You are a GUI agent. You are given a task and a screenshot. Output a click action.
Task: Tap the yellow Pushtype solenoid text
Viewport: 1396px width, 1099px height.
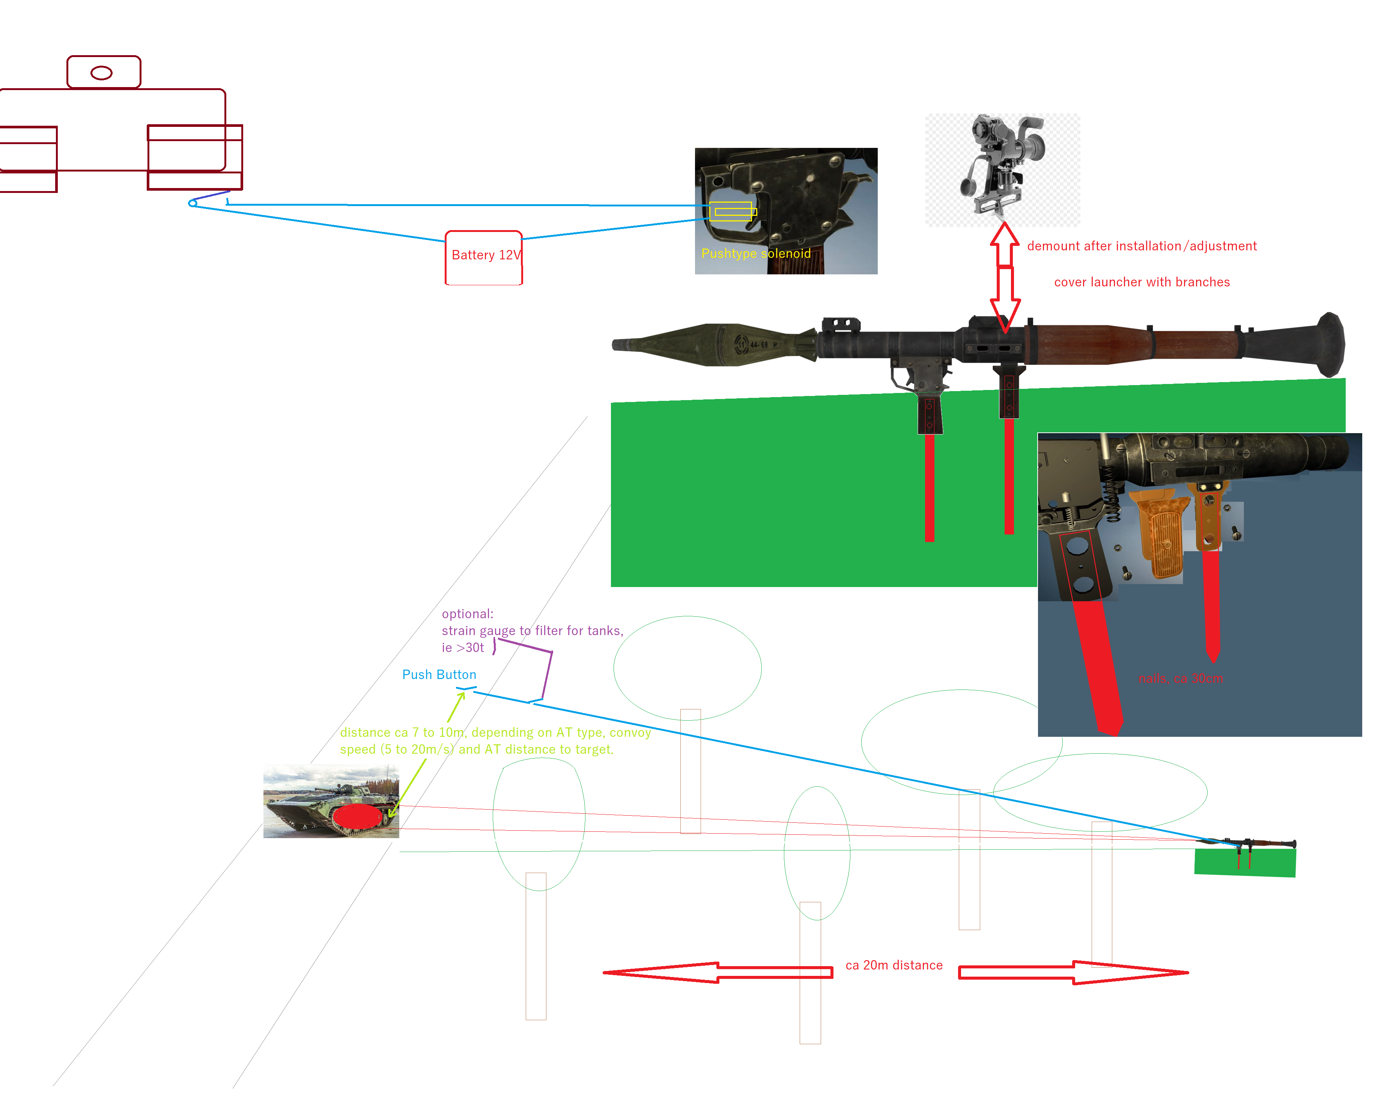(755, 253)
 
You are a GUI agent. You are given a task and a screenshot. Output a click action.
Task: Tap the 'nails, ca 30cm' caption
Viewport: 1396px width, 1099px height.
(1181, 678)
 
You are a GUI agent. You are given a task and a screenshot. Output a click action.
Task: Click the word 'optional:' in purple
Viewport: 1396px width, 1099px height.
(467, 614)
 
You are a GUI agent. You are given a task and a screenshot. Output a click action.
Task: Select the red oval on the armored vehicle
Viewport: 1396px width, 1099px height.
(358, 816)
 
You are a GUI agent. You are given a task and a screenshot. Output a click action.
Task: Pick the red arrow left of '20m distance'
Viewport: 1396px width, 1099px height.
(717, 972)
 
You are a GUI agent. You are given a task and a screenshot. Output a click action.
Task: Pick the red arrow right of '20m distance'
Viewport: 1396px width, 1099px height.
(1073, 972)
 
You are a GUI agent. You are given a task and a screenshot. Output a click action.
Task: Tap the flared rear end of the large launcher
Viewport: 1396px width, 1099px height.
(1325, 345)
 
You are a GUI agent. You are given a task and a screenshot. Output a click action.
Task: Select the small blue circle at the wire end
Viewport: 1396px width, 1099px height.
(192, 203)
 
